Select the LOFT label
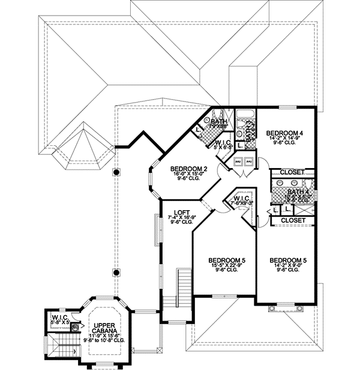(182, 211)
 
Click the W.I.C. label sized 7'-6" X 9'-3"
(242, 199)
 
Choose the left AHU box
(238, 161)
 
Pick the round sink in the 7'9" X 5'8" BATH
(208, 120)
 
